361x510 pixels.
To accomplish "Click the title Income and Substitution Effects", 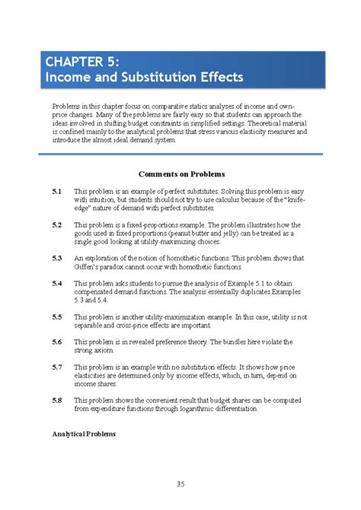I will (x=144, y=77).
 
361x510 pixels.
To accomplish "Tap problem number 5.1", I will (x=57, y=191).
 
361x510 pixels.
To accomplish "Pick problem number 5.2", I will (x=57, y=225).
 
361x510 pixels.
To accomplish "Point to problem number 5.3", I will (x=57, y=258).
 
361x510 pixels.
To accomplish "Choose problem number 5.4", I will (x=57, y=283).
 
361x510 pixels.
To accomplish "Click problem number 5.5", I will (x=57, y=317).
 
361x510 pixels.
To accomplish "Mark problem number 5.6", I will (x=57, y=343).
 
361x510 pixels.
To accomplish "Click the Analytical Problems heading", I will (x=84, y=434).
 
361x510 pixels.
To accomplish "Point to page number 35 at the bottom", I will (x=181, y=484).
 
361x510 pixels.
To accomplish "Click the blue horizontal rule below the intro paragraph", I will (x=181, y=155).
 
